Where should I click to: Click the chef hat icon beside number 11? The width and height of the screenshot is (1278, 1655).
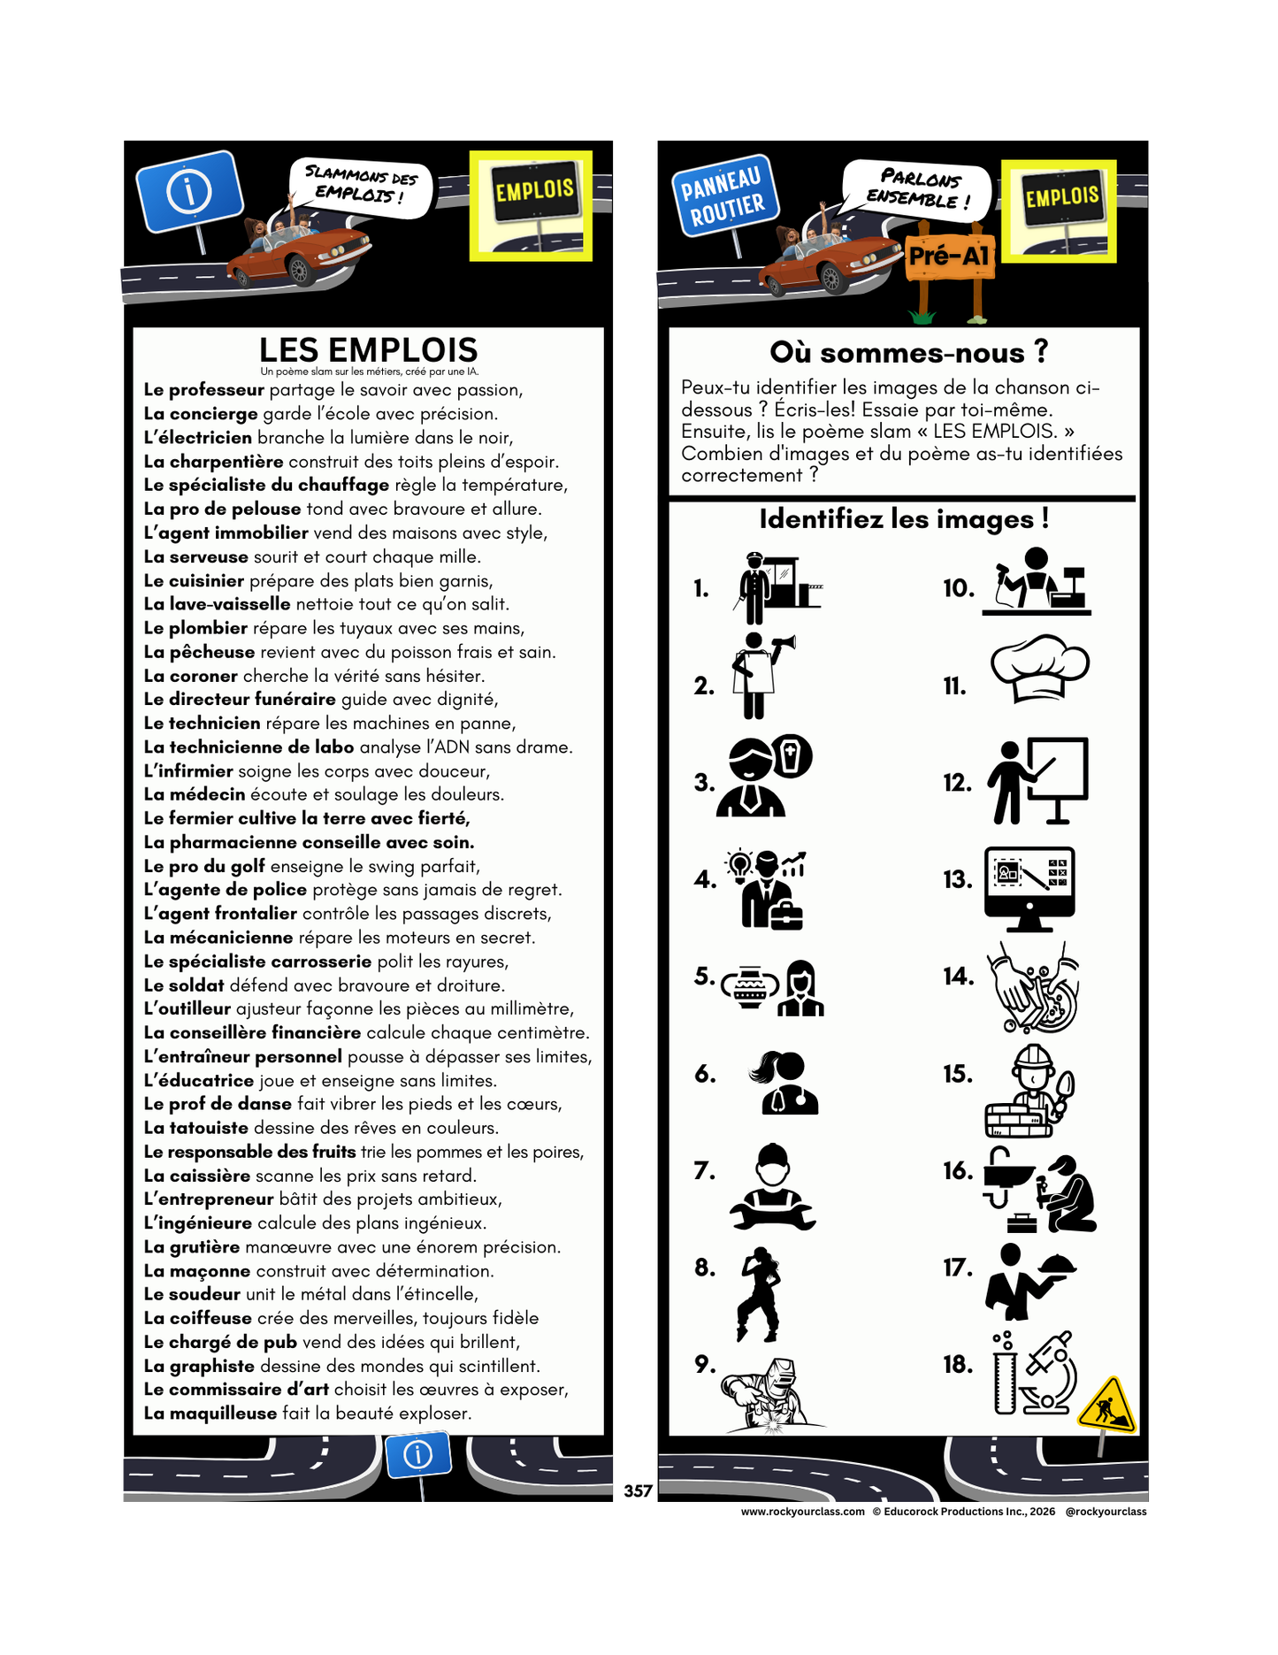pyautogui.click(x=1038, y=668)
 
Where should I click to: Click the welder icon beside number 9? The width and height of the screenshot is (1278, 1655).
pyautogui.click(x=767, y=1395)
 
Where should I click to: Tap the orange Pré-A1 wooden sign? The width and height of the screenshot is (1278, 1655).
pyautogui.click(x=950, y=257)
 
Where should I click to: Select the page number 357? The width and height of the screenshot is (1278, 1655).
pyautogui.click(x=638, y=1490)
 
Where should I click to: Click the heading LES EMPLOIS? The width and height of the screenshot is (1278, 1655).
pyautogui.click(x=368, y=349)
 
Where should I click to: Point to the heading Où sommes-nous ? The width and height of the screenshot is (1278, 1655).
pyautogui.click(x=908, y=352)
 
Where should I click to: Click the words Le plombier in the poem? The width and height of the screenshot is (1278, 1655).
pyautogui.click(x=195, y=628)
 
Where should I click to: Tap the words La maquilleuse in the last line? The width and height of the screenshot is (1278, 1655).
pyautogui.click(x=210, y=1413)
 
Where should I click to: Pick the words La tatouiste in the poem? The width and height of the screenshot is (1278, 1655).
pyautogui.click(x=195, y=1128)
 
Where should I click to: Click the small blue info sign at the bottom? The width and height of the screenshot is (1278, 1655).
pyautogui.click(x=418, y=1454)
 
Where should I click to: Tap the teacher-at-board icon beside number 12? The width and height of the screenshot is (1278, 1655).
pyautogui.click(x=1037, y=781)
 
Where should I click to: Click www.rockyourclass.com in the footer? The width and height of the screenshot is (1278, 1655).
pyautogui.click(x=802, y=1512)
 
